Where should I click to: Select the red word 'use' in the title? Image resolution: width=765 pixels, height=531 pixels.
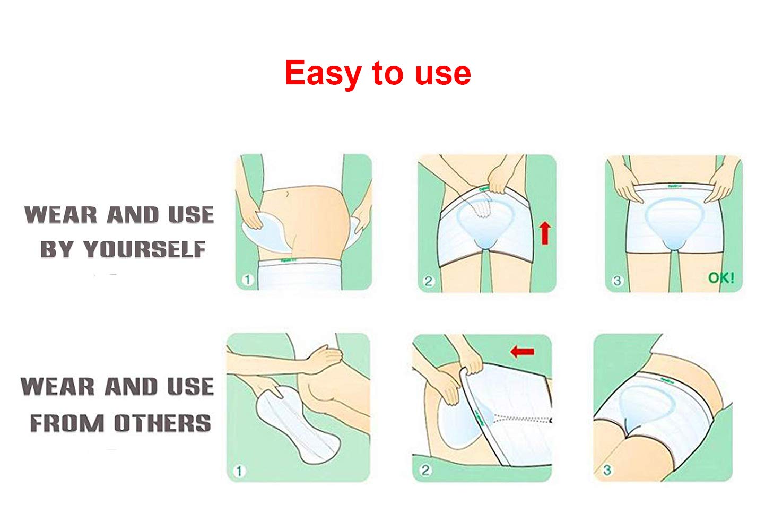point(442,74)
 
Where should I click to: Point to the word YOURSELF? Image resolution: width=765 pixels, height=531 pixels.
point(144,249)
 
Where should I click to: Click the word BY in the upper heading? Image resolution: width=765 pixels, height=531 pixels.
point(57,249)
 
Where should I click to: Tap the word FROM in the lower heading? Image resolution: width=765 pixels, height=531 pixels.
point(67,423)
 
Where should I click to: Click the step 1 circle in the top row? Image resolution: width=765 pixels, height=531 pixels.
point(247,280)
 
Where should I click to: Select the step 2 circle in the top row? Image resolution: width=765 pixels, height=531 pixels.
point(429,281)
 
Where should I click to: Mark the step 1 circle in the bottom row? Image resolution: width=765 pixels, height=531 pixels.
point(239,471)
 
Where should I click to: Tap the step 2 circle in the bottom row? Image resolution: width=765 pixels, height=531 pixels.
point(425,469)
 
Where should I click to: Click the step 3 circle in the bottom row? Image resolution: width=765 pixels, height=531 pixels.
point(607,469)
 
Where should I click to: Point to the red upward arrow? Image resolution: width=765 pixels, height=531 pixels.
point(545,233)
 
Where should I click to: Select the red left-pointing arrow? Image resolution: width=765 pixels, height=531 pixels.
point(522,351)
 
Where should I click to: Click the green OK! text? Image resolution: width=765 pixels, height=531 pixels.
point(721,277)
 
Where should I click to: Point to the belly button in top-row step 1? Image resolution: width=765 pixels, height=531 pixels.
point(287,193)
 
